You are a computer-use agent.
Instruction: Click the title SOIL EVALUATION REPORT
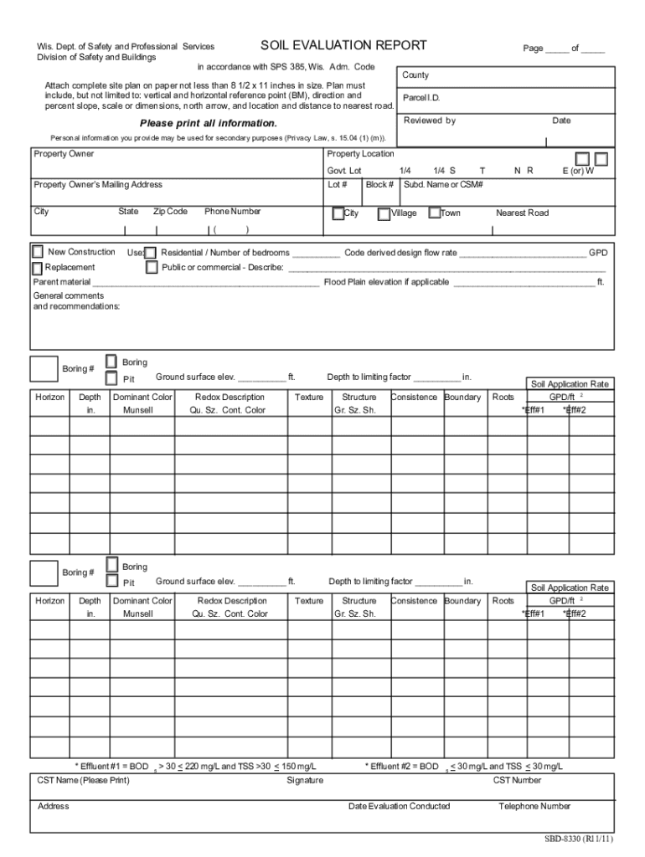[x=343, y=45]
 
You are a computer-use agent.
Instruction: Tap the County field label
[x=415, y=75]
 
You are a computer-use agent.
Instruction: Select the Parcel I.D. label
[x=421, y=98]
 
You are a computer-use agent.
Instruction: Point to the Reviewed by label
[x=430, y=121]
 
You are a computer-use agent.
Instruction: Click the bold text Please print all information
[x=209, y=123]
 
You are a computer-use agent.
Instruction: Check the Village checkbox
[x=384, y=213]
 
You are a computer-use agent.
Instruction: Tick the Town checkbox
[x=434, y=213]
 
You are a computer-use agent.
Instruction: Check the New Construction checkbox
[x=38, y=252]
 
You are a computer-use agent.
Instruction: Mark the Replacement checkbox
[x=38, y=268]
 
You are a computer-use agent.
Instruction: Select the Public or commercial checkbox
[x=152, y=268]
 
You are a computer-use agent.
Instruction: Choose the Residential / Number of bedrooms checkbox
[x=151, y=253]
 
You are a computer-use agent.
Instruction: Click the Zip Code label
[x=170, y=212]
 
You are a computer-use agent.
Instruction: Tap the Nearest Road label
[x=522, y=213]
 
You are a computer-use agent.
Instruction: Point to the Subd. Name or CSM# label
[x=444, y=184]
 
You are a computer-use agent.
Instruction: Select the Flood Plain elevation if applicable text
[x=386, y=282]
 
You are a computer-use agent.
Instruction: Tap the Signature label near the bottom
[x=305, y=780]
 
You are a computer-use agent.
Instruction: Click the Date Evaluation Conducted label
[x=399, y=806]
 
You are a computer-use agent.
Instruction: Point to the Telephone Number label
[x=534, y=806]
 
